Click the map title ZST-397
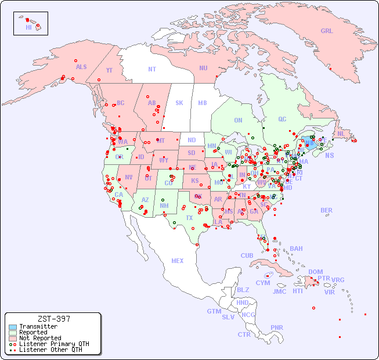click(x=54, y=319)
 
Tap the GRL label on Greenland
click(x=327, y=31)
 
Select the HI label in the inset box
click(x=28, y=27)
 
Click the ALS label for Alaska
click(x=81, y=67)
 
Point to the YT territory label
click(x=109, y=70)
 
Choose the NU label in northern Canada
click(x=203, y=68)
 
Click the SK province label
click(x=179, y=103)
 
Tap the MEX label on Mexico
click(x=178, y=261)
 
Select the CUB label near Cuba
click(x=247, y=255)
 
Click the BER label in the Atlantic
click(x=326, y=210)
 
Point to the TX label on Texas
click(x=189, y=218)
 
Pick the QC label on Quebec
click(x=282, y=119)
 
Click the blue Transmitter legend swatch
click(x=13, y=327)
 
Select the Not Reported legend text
click(x=40, y=338)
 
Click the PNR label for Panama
click(x=277, y=327)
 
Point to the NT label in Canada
click(x=152, y=69)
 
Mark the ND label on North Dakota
click(x=192, y=140)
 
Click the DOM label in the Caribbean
click(x=316, y=272)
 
